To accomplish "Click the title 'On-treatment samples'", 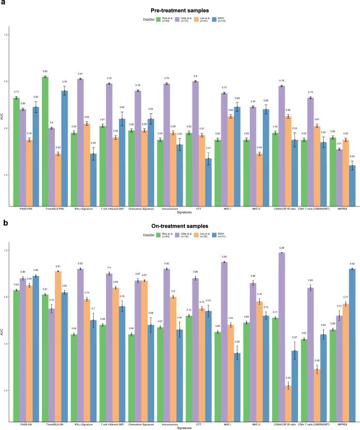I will pyautogui.click(x=179, y=226).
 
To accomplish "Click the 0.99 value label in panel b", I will pyautogui.click(x=281, y=248).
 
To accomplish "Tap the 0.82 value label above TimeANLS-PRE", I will pyautogui.click(x=46, y=71).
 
